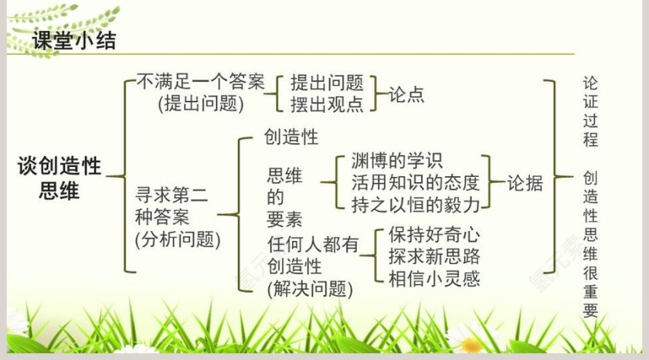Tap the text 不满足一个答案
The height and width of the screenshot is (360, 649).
tap(200, 81)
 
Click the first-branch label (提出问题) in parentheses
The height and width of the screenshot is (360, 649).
tap(200, 103)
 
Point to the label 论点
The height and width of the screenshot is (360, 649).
tap(406, 94)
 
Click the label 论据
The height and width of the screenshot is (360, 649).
tap(525, 183)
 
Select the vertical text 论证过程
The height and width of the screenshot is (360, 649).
tap(591, 112)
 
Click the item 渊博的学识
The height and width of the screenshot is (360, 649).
tap(396, 162)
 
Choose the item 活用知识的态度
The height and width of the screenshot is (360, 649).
tap(415, 183)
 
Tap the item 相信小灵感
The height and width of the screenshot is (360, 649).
tap(434, 278)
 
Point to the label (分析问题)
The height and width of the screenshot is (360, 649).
tap(178, 239)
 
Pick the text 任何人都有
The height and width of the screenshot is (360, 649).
tap(313, 245)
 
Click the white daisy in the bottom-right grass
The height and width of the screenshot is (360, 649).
tap(468, 338)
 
